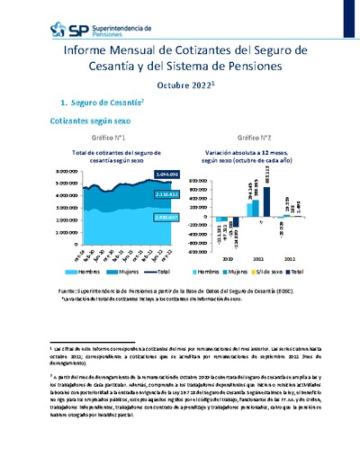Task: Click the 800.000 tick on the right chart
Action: tap(202, 170)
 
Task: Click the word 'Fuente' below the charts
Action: tap(67, 291)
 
